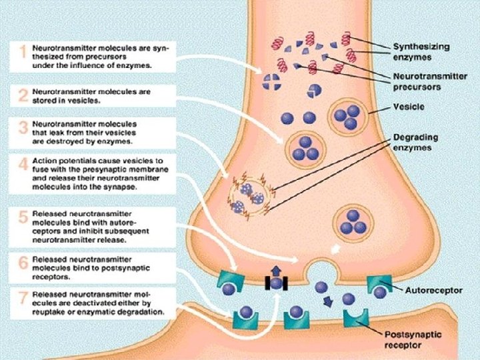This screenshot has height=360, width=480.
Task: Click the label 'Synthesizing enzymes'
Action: [x=421, y=52]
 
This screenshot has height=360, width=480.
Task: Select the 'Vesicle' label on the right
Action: [x=408, y=107]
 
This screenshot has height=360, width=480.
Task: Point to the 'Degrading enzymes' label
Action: [x=415, y=142]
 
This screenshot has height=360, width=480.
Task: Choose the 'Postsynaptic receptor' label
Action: [x=414, y=340]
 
